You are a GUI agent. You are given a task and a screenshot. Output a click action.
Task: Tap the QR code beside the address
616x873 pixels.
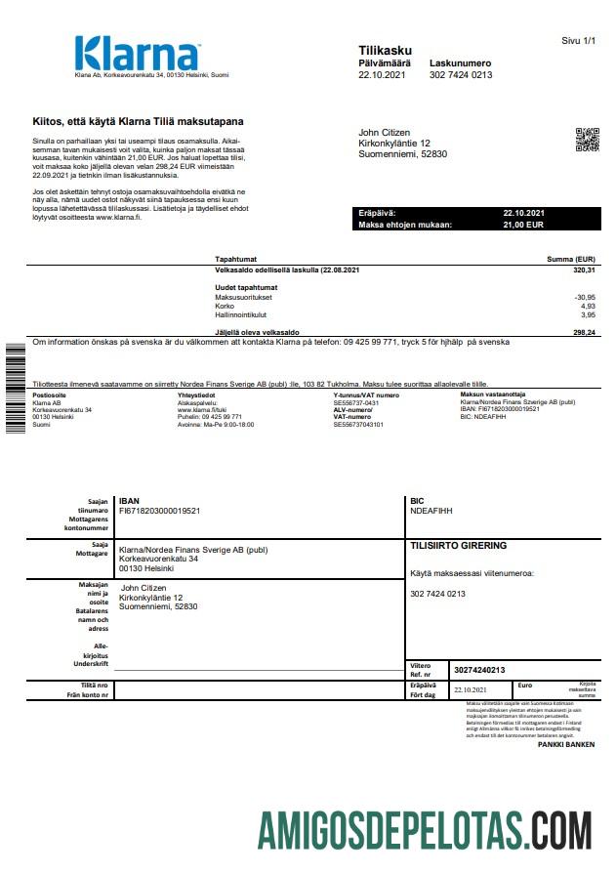pos(586,140)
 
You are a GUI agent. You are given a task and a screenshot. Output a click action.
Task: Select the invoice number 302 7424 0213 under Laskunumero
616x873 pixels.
pos(461,75)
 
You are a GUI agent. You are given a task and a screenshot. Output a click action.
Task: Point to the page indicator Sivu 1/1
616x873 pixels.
pos(578,41)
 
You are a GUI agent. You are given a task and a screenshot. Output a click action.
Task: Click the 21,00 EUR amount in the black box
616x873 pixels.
pos(523,225)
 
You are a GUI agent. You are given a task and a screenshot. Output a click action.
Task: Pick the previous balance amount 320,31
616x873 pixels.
pos(584,270)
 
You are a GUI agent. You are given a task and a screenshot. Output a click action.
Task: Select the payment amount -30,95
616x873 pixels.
pos(584,297)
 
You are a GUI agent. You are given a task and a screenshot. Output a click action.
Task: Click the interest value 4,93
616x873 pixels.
pos(588,306)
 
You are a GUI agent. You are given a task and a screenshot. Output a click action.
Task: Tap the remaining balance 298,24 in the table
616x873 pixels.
pos(584,333)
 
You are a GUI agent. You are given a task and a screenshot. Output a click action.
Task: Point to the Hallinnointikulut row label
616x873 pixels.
pos(240,314)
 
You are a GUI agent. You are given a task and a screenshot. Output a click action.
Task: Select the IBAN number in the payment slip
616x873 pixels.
pos(159,510)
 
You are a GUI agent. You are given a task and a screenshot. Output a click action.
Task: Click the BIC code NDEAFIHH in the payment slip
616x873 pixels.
pos(431,510)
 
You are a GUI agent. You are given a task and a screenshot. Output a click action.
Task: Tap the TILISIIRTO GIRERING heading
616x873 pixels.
pos(459,546)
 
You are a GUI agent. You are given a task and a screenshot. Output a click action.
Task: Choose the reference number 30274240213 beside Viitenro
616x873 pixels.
pos(479,670)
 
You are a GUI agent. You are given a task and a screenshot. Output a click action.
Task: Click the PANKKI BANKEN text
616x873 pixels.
pos(565,744)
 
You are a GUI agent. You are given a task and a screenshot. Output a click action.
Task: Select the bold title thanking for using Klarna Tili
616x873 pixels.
pos(138,122)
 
